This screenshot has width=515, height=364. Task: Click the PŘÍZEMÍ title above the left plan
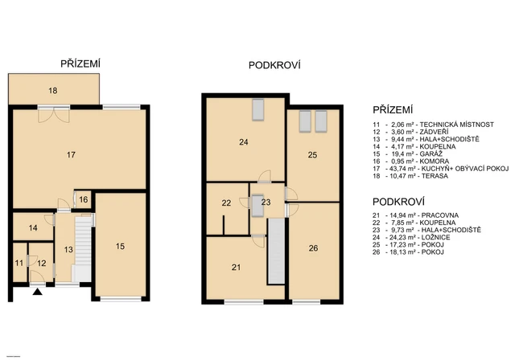pos(80,63)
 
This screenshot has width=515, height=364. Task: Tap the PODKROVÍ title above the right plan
pos(273,63)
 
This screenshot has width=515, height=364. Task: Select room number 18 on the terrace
pos(52,92)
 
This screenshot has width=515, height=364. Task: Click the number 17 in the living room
pos(71,153)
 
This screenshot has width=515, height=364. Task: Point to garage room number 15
pos(120,246)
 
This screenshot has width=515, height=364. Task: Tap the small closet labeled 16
pos(84,198)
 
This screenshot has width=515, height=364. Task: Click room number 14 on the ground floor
pos(33,228)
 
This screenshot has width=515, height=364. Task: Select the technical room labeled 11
pos(19,263)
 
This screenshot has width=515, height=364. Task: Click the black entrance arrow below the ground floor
pos(36,294)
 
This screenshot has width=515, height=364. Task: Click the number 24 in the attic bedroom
pos(243,142)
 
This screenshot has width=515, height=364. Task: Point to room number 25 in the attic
pos(312,154)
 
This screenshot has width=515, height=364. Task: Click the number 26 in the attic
pos(313,248)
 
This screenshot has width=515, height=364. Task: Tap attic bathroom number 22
pos(226,203)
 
